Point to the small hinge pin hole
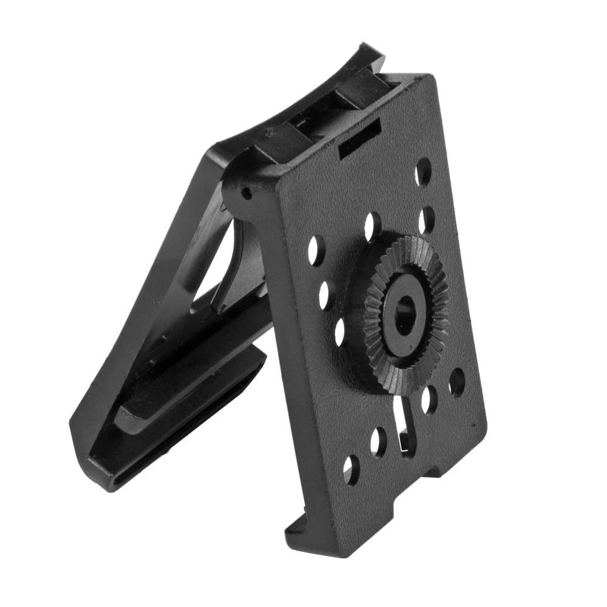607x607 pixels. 246,193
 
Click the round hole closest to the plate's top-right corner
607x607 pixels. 423,172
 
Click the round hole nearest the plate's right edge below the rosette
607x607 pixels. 456,382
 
